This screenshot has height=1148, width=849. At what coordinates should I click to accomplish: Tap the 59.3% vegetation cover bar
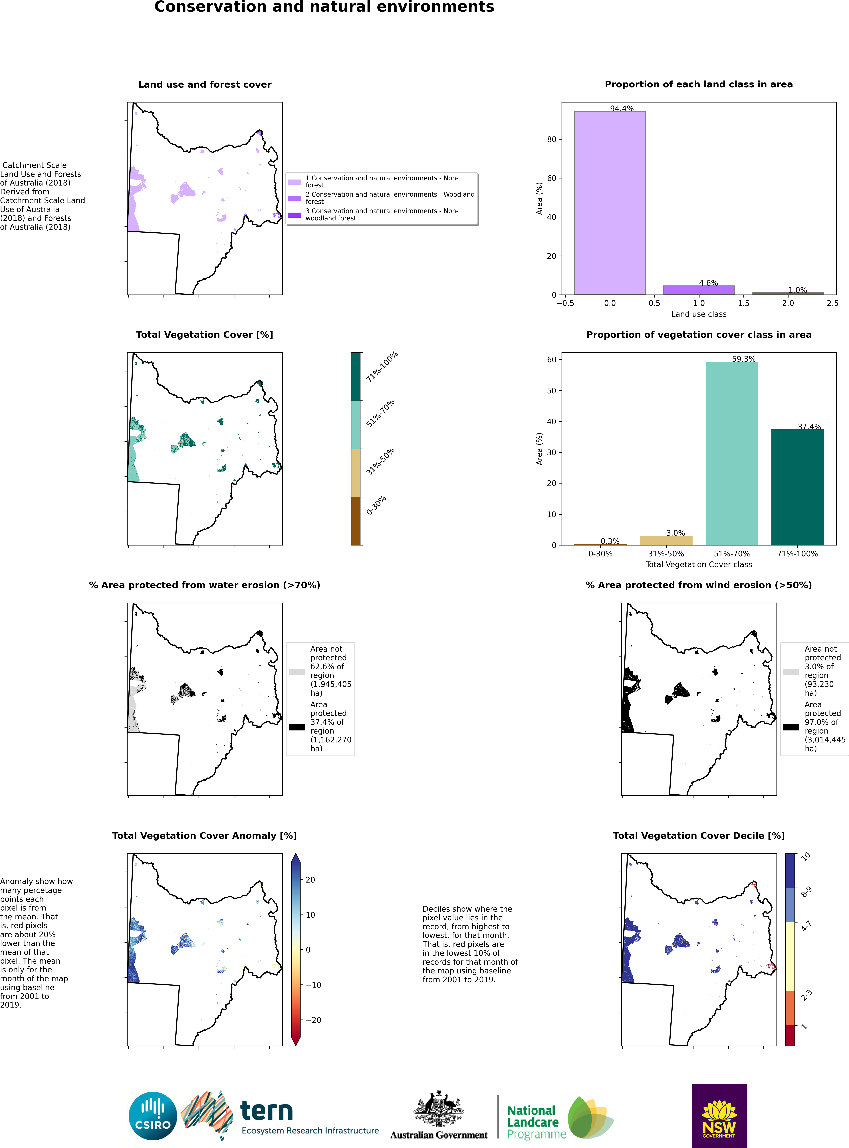(732, 453)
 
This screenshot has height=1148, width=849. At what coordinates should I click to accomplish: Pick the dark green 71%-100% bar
(798, 487)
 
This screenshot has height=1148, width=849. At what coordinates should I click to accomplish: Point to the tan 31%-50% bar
(666, 540)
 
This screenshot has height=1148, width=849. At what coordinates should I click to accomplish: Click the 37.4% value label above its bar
(809, 426)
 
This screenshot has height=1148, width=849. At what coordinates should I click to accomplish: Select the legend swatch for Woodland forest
(294, 198)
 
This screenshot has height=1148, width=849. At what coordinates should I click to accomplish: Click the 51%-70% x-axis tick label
(732, 553)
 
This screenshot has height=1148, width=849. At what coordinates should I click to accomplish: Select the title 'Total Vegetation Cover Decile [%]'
(699, 836)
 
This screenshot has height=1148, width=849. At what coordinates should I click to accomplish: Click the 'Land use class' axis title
(699, 314)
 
